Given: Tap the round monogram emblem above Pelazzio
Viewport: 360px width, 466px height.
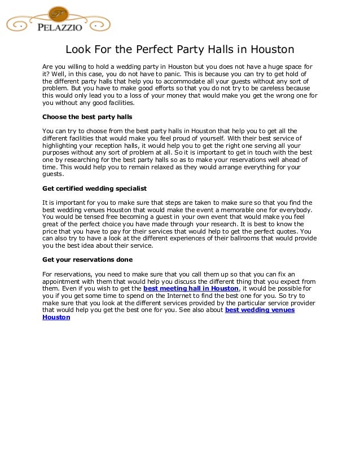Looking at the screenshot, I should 58,14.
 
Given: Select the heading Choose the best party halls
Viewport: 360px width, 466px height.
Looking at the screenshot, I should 87,117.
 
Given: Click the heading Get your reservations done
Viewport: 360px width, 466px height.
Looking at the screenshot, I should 87,260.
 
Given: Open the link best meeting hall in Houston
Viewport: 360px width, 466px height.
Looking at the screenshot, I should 191,288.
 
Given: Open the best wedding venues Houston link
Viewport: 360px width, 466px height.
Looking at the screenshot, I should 260,310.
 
